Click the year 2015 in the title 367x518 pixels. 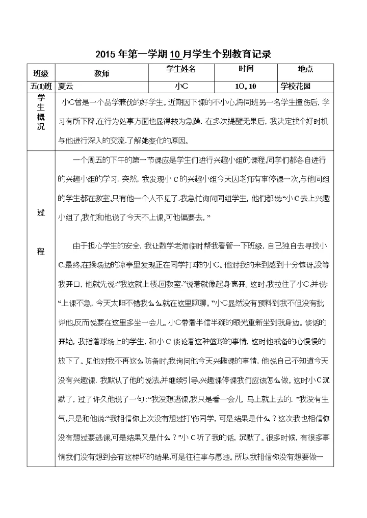tap(105, 54)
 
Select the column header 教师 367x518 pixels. tap(101, 73)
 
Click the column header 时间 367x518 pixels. tap(246, 69)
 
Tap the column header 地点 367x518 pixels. tap(305, 69)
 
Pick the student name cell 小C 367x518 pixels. tap(181, 86)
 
